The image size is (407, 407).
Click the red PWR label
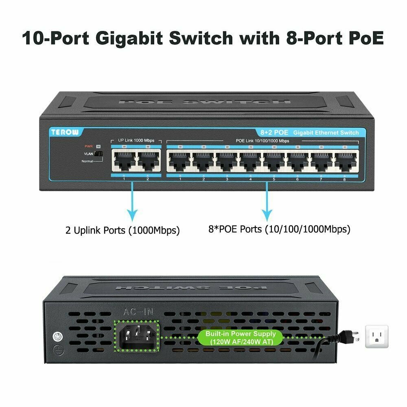pos(88,146)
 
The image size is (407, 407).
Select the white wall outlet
pos(377,337)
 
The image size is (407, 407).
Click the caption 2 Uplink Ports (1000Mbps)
pos(123,230)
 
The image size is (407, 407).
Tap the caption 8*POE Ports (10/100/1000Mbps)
pos(279,229)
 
